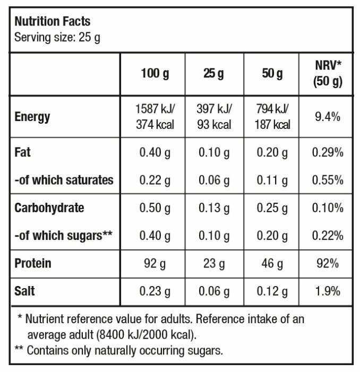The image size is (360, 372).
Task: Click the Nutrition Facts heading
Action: pos(52,22)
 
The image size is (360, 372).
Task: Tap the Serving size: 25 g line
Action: pos(57,38)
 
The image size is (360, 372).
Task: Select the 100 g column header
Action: pos(155,73)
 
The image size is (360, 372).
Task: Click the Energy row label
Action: pos(33,117)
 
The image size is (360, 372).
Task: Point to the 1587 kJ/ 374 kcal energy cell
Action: pos(155,117)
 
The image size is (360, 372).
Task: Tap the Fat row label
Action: pos(22,152)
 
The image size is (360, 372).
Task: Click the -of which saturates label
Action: pos(64,180)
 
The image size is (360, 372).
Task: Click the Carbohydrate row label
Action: pos(49,207)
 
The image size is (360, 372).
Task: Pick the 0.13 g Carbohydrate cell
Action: pos(214,208)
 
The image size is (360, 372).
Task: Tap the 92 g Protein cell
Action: pos(155,263)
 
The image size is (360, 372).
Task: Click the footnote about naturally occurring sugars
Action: pos(120,350)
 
